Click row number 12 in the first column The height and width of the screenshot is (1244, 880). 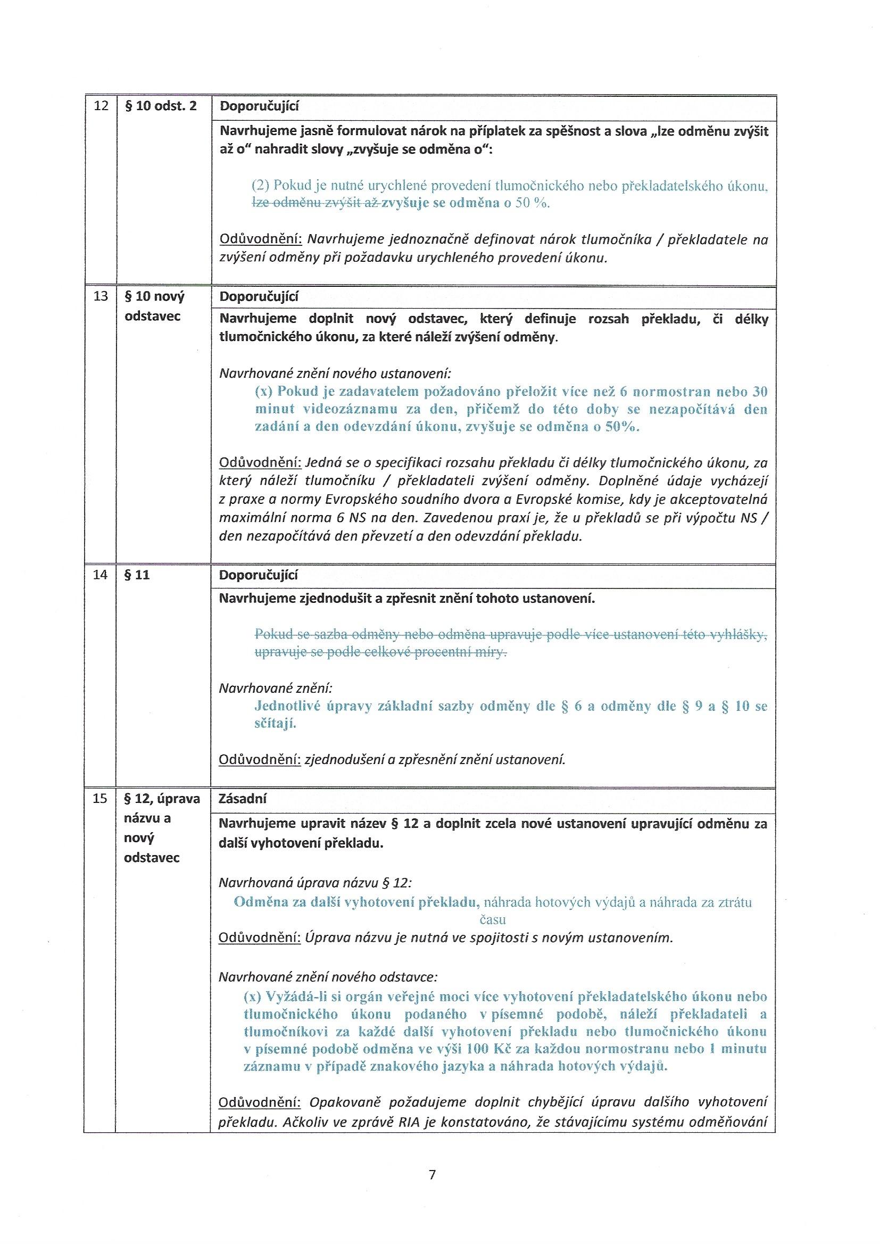coord(101,106)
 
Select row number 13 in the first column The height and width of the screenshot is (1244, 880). coord(101,296)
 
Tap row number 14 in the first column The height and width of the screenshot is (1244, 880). coord(101,575)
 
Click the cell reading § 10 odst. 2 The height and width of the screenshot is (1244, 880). coord(160,106)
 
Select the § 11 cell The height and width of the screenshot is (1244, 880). coord(137,575)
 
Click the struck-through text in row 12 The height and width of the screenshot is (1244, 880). coord(317,203)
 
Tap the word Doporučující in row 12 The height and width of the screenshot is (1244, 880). coord(259,106)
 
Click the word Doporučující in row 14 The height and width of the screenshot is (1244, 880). coord(259,575)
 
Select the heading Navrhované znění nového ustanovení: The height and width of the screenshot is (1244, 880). coord(335,374)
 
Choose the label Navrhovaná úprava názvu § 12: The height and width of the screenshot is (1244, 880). coord(315,883)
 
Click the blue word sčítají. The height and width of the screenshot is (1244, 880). coord(275,724)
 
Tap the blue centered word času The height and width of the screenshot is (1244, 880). coord(493,919)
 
